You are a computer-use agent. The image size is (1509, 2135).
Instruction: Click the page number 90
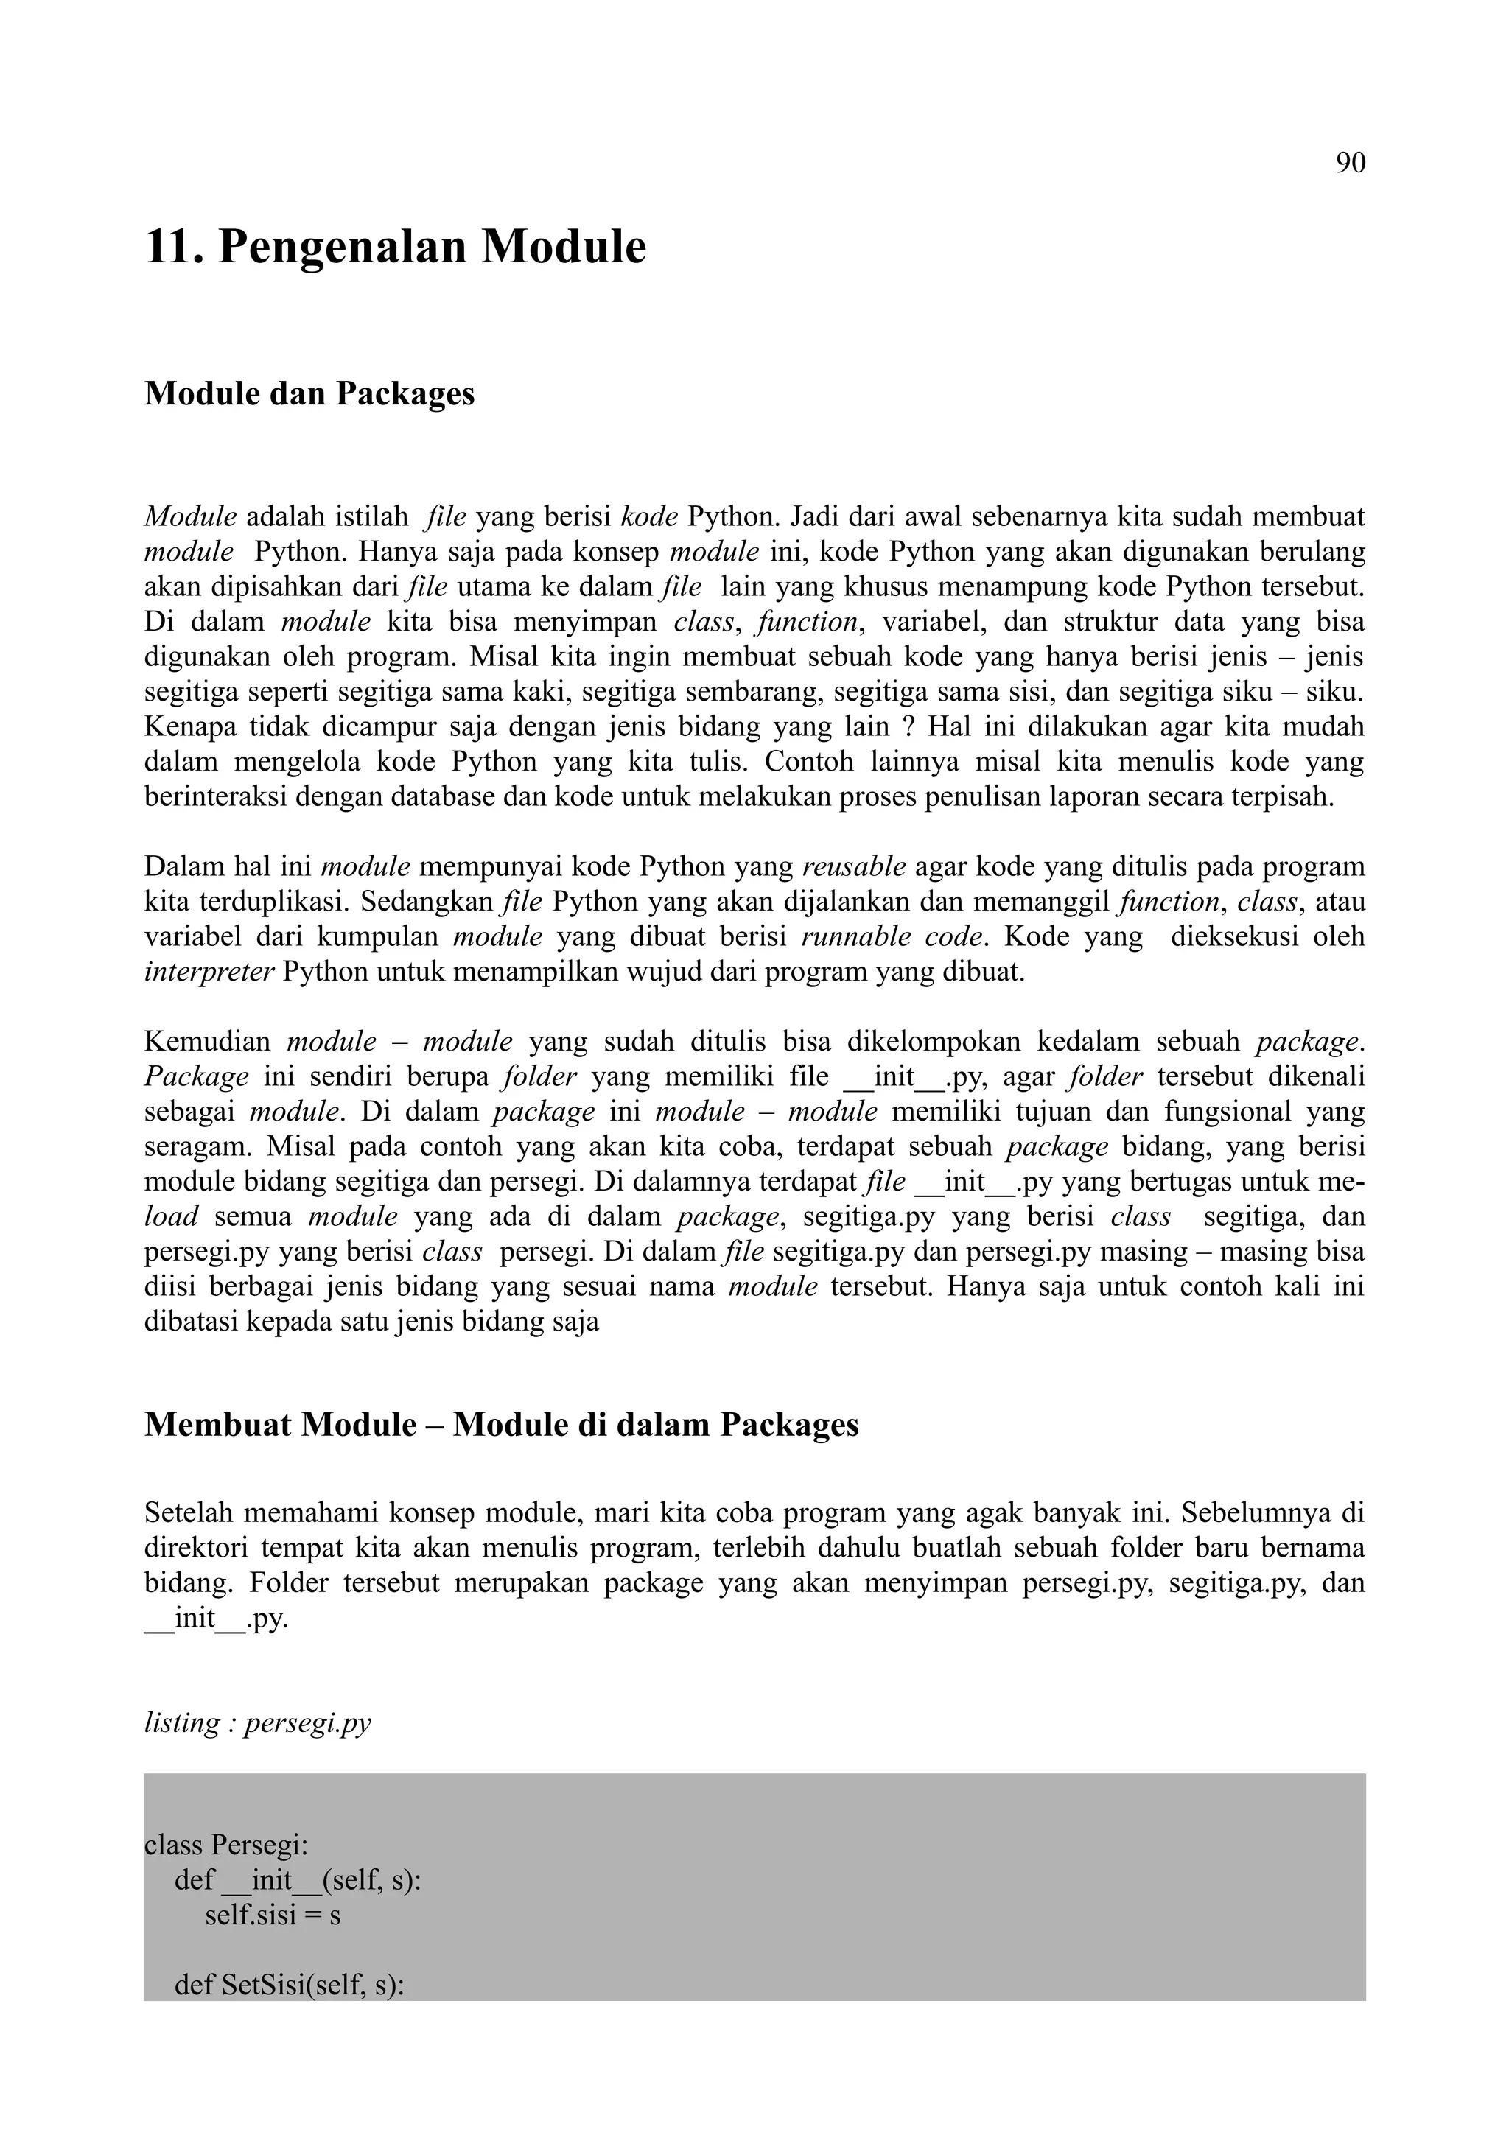point(1350,163)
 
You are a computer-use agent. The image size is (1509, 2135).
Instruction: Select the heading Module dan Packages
point(309,393)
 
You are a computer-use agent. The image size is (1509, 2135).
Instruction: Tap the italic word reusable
point(852,868)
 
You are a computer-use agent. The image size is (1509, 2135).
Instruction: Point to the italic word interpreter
point(209,972)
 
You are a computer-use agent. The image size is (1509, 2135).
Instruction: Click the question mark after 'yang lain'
point(908,726)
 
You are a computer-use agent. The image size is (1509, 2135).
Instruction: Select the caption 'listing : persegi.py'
point(258,1723)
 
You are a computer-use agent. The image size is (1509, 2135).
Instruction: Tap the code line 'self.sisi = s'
point(273,1915)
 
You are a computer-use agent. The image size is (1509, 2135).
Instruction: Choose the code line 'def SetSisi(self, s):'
point(288,1985)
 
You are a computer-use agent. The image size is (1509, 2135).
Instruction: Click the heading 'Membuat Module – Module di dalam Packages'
point(501,1426)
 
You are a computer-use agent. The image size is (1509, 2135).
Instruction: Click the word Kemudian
point(207,1042)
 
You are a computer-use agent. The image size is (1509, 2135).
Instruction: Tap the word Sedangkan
point(427,902)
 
